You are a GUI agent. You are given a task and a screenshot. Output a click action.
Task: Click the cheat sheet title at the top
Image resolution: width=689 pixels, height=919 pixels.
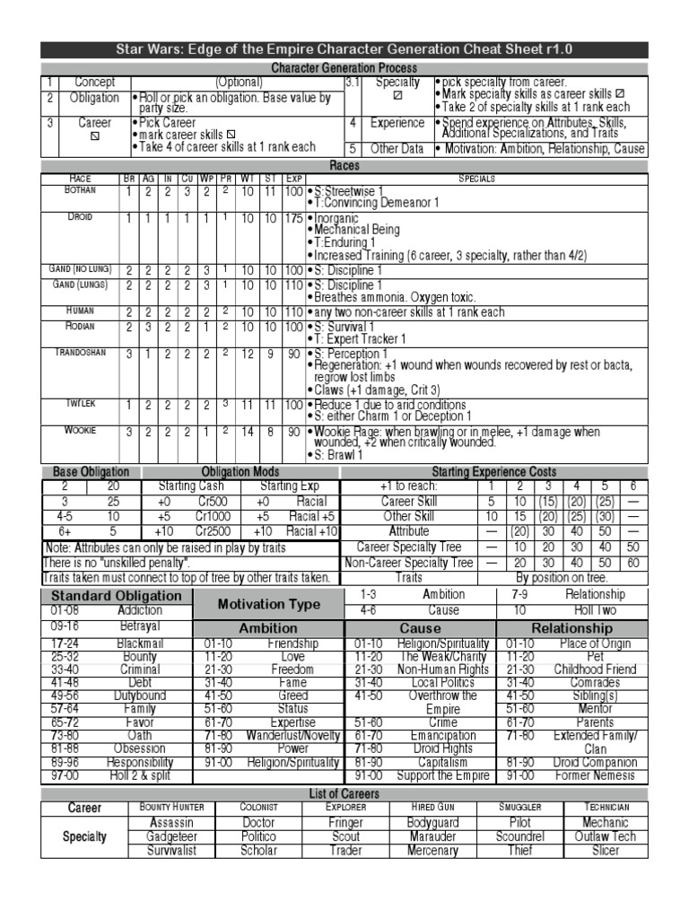click(344, 50)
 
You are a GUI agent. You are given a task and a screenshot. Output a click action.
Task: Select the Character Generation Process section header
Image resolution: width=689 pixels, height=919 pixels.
click(344, 68)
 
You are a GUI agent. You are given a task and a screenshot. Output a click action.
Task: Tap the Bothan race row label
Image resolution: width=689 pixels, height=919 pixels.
click(80, 191)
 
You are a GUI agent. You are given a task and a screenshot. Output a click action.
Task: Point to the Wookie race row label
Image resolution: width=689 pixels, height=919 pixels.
click(80, 431)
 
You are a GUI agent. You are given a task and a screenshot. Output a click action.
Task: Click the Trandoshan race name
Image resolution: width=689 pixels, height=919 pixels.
click(80, 353)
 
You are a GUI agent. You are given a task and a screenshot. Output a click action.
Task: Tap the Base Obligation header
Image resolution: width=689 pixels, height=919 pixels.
click(92, 472)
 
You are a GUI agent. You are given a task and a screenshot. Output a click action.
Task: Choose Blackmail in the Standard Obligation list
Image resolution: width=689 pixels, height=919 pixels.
click(140, 643)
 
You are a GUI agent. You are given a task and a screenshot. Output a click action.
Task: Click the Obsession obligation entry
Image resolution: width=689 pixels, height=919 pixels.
click(140, 748)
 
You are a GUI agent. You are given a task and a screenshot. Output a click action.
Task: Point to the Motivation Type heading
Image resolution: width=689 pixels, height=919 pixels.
click(268, 604)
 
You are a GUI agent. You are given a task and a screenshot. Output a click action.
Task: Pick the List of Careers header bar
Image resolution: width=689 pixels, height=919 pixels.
click(344, 793)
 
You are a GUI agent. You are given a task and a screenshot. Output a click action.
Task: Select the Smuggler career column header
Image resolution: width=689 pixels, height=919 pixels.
click(519, 808)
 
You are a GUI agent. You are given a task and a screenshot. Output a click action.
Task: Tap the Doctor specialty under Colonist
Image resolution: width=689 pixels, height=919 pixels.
click(258, 822)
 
